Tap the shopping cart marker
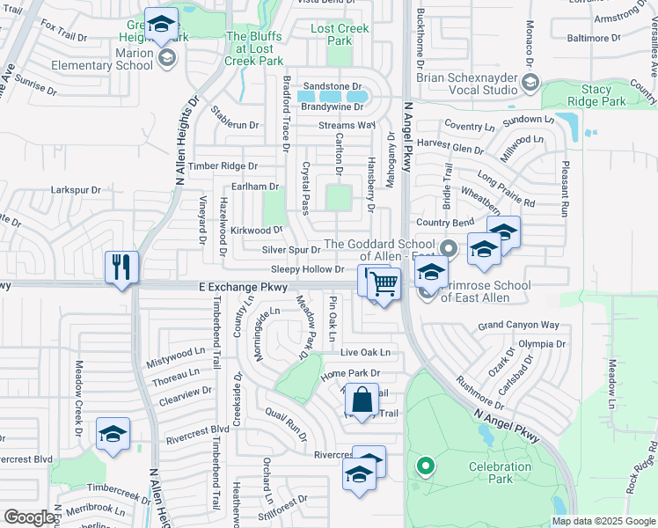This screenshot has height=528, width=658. (384, 285)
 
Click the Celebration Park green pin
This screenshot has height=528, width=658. (425, 466)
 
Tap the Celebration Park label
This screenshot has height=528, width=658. (501, 473)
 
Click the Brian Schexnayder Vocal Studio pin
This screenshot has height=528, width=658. (530, 82)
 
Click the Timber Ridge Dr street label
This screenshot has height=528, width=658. (223, 165)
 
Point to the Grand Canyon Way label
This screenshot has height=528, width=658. (518, 325)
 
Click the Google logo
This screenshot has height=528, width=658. (29, 517)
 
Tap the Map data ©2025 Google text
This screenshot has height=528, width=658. (603, 521)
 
